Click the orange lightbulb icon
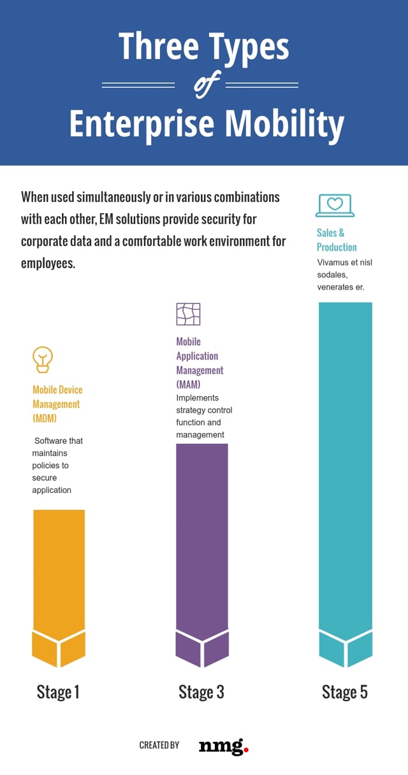coord(43,360)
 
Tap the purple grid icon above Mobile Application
coord(188,314)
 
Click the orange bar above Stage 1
coord(59,573)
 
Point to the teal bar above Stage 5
coord(345,471)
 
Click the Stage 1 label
coord(58,692)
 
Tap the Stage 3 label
coord(201,692)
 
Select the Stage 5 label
coord(345,692)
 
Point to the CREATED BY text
coord(159,745)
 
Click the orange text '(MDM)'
coord(45,418)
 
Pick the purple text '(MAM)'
coord(188,385)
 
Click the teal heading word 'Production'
coord(337,247)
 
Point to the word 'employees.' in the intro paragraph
coord(48,263)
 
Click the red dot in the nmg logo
coord(246,750)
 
